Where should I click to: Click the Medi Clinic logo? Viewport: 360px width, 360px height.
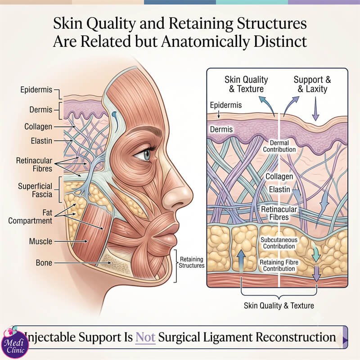(x=15, y=343)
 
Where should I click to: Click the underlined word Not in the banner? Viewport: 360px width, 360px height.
(x=145, y=337)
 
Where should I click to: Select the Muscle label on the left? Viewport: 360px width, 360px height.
(x=40, y=241)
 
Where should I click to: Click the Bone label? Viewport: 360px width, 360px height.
(x=44, y=263)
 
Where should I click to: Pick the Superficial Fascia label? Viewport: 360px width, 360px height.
(x=35, y=190)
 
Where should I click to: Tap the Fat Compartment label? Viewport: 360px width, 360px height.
(x=30, y=216)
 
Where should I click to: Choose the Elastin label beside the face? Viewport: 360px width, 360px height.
(x=41, y=141)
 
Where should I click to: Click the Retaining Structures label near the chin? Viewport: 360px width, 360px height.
(x=192, y=262)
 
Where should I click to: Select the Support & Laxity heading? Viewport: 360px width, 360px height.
(x=312, y=84)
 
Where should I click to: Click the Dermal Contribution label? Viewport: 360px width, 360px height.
(x=279, y=146)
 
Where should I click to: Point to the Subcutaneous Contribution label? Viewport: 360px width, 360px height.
(x=279, y=243)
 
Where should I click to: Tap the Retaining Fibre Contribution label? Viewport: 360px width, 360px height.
(x=279, y=265)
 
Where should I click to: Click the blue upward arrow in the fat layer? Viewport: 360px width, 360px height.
(x=241, y=261)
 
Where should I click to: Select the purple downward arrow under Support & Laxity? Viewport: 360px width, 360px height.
(x=315, y=108)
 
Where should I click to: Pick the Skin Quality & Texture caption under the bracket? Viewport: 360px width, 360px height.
(x=279, y=306)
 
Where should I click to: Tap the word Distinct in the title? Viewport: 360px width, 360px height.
(x=280, y=41)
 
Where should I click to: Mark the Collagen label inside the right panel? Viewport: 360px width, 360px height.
(x=279, y=176)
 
